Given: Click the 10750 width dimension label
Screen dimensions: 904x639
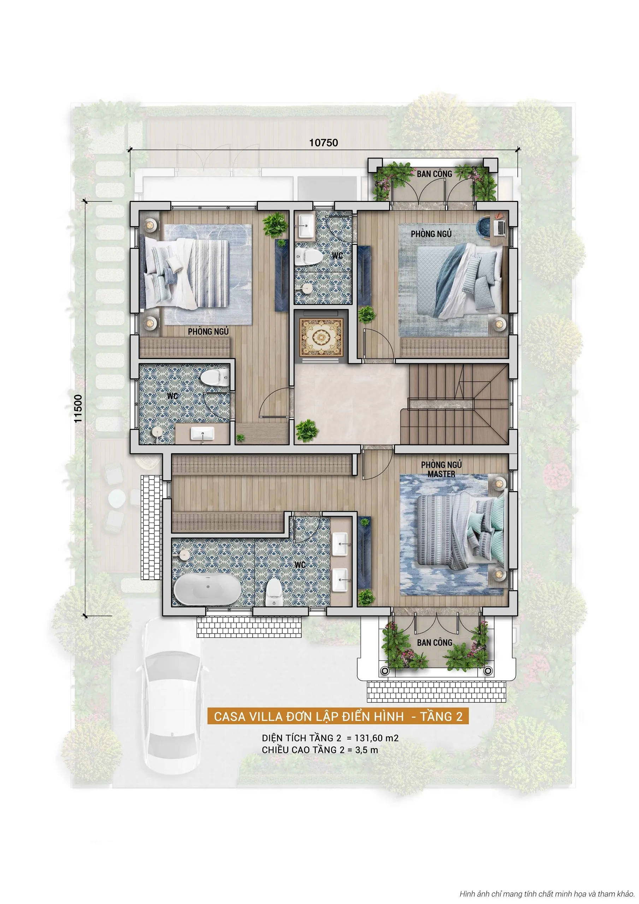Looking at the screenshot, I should click(323, 143).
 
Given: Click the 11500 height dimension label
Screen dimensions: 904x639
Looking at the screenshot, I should click(78, 409).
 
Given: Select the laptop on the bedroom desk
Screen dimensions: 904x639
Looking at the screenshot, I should click(499, 227).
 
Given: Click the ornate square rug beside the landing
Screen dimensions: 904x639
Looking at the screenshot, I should click(321, 338).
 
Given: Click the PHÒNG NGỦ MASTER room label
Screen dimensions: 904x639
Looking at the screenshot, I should click(441, 469).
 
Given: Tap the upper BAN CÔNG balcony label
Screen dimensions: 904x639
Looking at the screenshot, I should click(434, 174).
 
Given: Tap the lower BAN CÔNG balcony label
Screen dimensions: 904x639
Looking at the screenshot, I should click(434, 643).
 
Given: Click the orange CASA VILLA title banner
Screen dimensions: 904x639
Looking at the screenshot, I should click(338, 716).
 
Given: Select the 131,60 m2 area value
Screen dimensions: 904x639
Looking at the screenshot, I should click(376, 738).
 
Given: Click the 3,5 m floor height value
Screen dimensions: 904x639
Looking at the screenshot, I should click(366, 750).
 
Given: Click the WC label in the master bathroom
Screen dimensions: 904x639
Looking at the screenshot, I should click(300, 565).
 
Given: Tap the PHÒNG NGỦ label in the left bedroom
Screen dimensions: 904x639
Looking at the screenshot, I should click(208, 332).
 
